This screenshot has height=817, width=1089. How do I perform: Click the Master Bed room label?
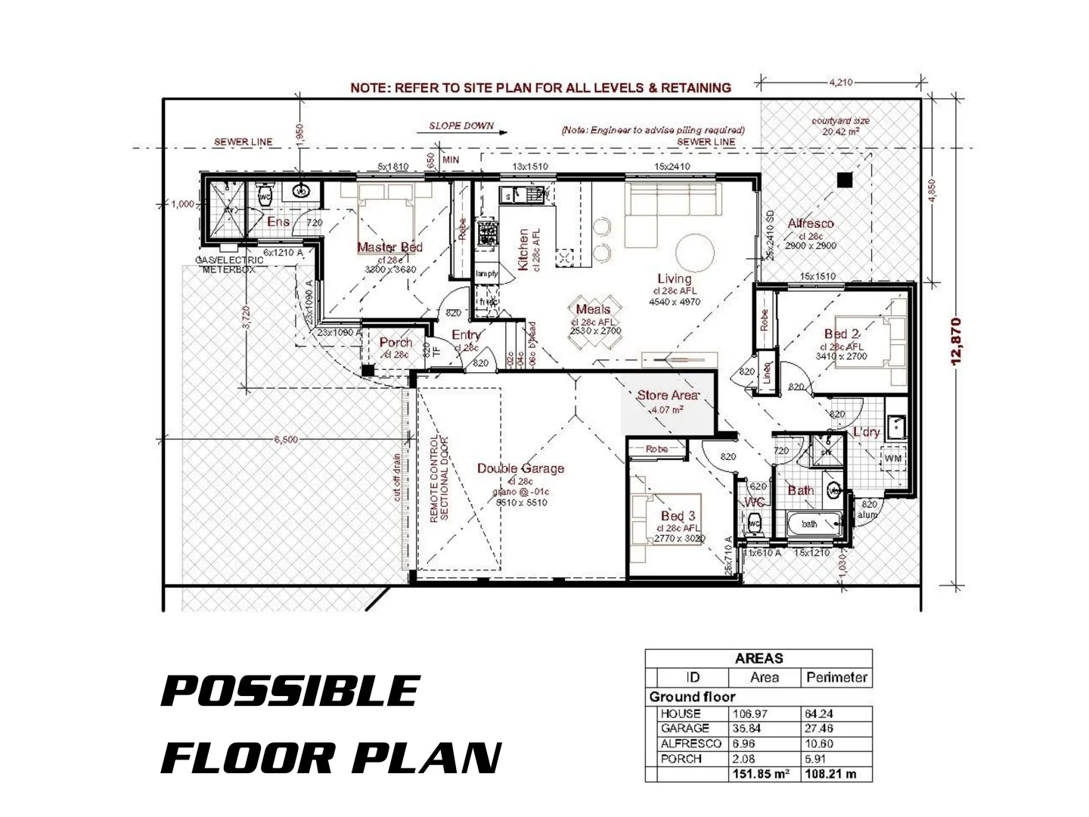coord(389,247)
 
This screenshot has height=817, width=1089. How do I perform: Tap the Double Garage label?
coord(520,468)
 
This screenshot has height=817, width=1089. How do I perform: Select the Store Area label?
coord(667,396)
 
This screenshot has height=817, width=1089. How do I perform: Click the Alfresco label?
coord(810,223)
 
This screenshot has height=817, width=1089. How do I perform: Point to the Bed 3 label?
coord(678,517)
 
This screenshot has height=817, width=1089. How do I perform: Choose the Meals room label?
coord(593,309)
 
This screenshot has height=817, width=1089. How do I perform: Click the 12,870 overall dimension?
coord(956,341)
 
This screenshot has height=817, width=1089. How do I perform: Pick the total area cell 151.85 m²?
coord(761,775)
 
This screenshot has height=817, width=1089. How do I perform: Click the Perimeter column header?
coord(836,678)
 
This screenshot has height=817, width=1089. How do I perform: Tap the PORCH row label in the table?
coord(681,759)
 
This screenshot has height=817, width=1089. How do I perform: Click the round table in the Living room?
coord(694,252)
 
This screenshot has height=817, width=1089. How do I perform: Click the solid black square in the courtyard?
coord(845,180)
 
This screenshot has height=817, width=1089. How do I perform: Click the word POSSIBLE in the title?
coord(291,691)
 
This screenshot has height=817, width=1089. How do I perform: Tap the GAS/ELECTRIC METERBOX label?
coord(229,264)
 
